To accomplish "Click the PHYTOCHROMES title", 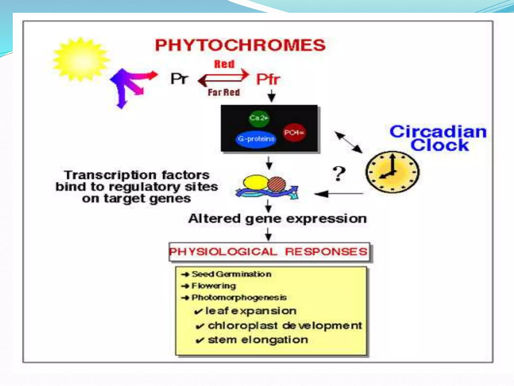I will point(240,45).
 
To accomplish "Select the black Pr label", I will point(179,79).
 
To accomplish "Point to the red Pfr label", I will point(268,79).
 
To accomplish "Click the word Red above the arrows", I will point(224,64).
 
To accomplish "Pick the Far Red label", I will point(224,92).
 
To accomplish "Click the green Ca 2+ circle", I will point(259,118).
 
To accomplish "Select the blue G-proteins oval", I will point(256,139).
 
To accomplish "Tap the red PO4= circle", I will point(294,132).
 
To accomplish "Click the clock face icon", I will point(392,172).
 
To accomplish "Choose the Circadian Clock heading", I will point(438,138).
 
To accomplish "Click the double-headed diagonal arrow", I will point(349,142).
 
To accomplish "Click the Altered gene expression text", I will point(277,219).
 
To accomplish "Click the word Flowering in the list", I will point(214,286).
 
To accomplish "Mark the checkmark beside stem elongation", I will point(200,341).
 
